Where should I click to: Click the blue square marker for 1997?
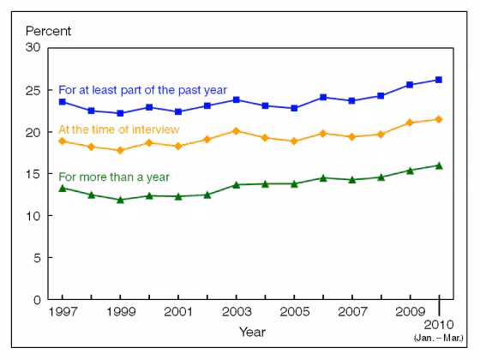tap(62, 101)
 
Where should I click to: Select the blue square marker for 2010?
tap(439, 80)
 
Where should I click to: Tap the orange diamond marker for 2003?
tap(236, 131)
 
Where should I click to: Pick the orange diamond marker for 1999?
tap(120, 150)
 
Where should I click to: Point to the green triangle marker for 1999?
tap(120, 200)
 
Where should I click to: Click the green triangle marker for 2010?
tap(439, 165)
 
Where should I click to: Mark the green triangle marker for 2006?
tap(323, 177)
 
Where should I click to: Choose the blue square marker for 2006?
tap(323, 97)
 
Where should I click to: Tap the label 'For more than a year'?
tap(114, 177)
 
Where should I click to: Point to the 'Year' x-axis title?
tap(252, 332)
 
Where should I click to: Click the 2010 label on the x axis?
tap(440, 327)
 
